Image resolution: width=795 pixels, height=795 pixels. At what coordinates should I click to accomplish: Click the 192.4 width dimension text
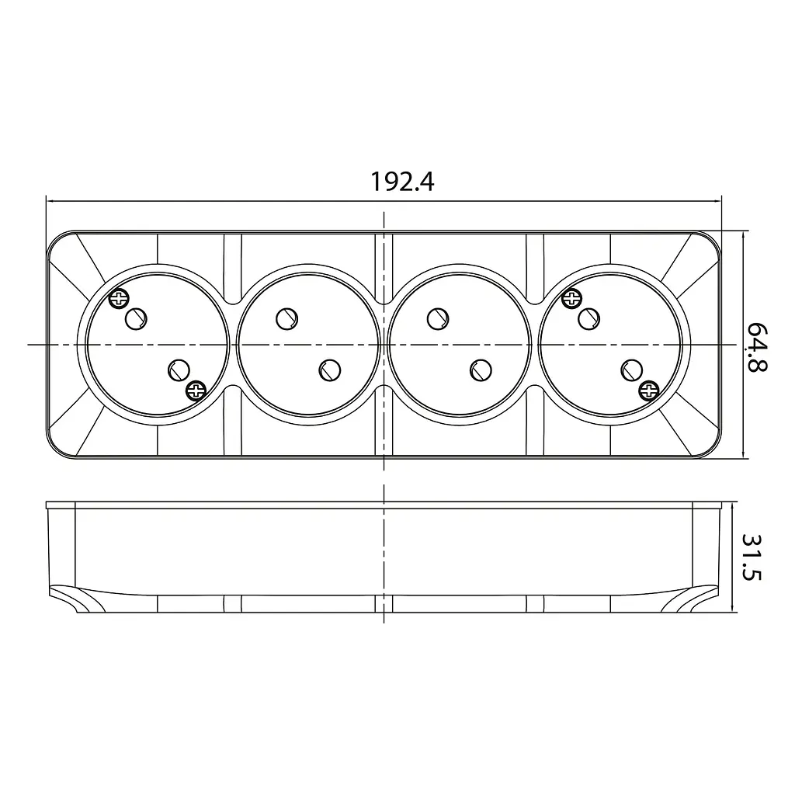click(403, 182)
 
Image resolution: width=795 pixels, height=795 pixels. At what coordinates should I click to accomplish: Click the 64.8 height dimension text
click(757, 347)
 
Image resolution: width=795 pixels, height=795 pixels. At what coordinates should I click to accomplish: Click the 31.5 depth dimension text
click(752, 556)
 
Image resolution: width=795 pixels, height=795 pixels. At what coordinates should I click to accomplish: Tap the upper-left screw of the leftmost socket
click(119, 299)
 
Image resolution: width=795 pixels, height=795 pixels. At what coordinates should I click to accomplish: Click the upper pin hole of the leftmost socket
click(136, 319)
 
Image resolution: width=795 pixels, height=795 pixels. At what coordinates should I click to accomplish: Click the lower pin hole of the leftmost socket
click(179, 370)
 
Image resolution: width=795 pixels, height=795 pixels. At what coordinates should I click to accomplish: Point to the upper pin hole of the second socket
click(287, 319)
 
